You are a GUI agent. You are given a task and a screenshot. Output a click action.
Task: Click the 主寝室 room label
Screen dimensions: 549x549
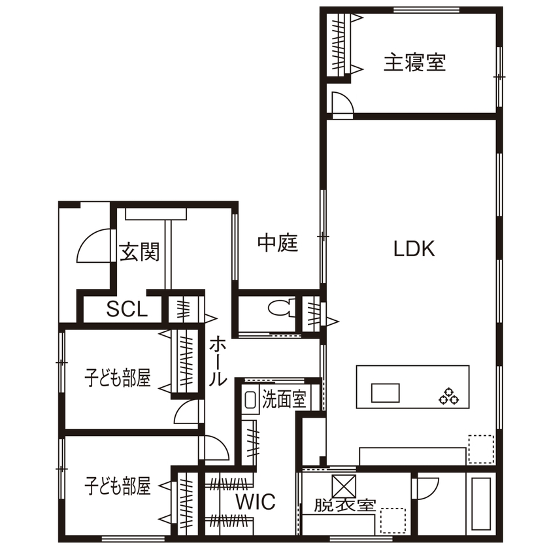coord(414,63)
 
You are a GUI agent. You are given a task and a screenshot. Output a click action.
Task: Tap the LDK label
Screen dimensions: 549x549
coord(414,248)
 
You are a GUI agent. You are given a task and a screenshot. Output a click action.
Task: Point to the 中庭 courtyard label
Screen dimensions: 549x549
coord(278,243)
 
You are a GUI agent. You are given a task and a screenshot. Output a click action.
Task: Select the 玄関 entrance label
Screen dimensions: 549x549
coord(139,251)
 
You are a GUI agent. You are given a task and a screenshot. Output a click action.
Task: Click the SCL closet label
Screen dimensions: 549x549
coord(127,309)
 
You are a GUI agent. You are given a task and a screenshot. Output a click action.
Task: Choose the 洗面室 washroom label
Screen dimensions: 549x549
coord(284,398)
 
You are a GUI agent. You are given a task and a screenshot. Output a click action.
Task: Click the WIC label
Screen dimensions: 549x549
coord(256,502)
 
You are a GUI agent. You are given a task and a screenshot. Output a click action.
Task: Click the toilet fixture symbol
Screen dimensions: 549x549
coord(280,307)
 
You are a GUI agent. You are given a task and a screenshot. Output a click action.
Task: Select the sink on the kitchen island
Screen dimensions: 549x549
coord(386,393)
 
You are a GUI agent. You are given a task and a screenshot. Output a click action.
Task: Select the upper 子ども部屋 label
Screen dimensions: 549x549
coord(118,377)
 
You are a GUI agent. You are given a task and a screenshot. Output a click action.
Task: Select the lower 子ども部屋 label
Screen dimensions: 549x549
coord(118,486)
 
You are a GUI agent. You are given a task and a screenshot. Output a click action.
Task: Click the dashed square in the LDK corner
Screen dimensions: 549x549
coord(480,450)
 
